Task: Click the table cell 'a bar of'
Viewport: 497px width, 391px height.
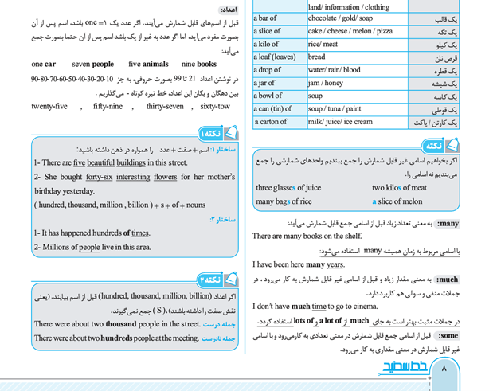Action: tap(266, 18)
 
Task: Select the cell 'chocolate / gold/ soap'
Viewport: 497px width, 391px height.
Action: tap(340, 18)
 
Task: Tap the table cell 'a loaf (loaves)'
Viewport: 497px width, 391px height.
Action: tap(275, 57)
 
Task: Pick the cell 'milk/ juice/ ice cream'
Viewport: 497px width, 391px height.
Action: tap(340, 122)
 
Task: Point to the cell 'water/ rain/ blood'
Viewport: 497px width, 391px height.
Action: tap(334, 70)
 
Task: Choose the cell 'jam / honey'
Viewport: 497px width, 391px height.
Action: tap(325, 83)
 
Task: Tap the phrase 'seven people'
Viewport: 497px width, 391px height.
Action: tap(92, 64)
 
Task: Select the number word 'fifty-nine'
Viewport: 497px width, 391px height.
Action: tap(108, 106)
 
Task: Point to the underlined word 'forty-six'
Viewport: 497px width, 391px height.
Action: tap(99, 177)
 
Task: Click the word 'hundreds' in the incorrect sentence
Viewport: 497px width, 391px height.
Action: tap(119, 338)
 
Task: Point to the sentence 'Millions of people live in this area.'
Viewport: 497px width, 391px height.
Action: tap(92, 247)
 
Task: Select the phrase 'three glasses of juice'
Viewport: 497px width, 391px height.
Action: tap(288, 188)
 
